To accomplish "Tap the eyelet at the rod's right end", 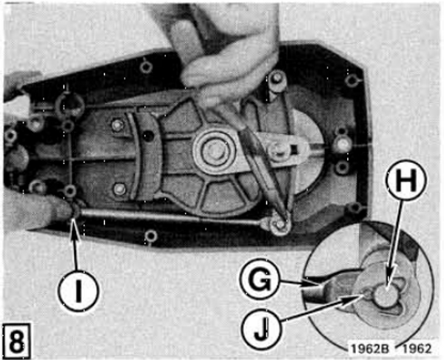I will point(279,223).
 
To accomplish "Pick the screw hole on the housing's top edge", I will point(146,67).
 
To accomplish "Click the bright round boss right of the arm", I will point(342,146).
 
